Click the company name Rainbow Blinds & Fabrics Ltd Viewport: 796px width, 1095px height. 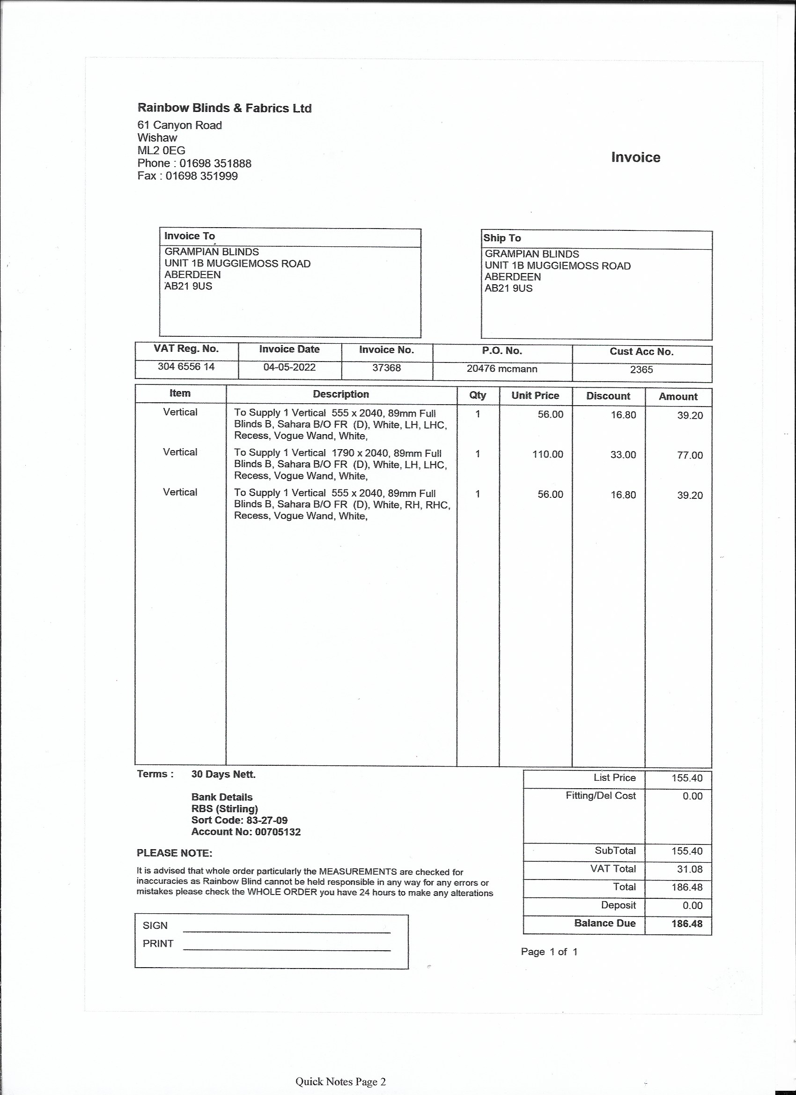tap(224, 108)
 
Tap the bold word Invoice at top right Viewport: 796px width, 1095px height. tap(635, 157)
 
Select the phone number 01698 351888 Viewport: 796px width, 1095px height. tap(215, 163)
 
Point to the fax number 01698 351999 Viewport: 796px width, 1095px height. tap(201, 176)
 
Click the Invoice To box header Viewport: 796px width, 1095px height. tap(189, 236)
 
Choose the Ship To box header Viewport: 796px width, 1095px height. tap(502, 238)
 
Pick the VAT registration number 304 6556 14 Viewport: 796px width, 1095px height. tap(186, 366)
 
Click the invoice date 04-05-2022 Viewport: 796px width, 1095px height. tap(289, 367)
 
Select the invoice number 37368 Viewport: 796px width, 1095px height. tap(386, 368)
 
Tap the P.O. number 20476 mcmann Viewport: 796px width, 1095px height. tap(501, 369)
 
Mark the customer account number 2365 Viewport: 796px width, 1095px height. tap(641, 370)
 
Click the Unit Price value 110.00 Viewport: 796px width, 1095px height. tap(547, 454)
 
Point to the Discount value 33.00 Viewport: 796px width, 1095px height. tap(623, 455)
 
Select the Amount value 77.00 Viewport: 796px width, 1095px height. tap(689, 455)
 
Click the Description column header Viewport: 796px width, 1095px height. tap(341, 394)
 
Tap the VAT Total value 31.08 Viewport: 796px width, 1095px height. tap(686, 869)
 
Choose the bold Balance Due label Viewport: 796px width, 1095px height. tap(604, 923)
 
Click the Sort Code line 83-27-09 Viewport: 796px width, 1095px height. tap(239, 820)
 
